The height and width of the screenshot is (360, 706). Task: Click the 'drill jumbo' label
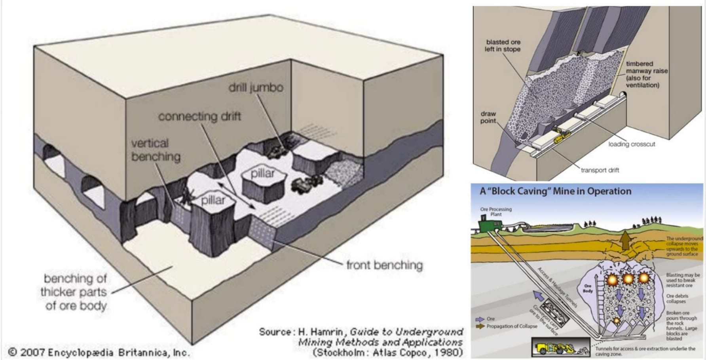pos(256,87)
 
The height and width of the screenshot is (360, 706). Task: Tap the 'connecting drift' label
pos(199,116)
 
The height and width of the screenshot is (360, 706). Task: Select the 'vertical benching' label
pos(156,150)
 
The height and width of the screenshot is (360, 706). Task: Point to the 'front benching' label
pos(384,265)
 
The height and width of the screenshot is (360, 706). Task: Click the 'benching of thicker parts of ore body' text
pos(75,292)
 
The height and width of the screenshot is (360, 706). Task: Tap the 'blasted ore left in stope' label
pos(503,45)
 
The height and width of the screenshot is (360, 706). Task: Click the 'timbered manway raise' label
pos(646,74)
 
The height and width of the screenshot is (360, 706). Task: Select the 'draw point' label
pos(488,117)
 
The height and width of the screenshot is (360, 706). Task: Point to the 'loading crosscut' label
pos(632,144)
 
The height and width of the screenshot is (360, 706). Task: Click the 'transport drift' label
pos(600,170)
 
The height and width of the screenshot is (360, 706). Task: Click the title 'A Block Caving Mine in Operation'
pos(555,191)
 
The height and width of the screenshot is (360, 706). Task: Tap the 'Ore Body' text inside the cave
pos(588,288)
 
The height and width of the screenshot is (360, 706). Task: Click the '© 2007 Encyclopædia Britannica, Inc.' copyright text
pos(99,352)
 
